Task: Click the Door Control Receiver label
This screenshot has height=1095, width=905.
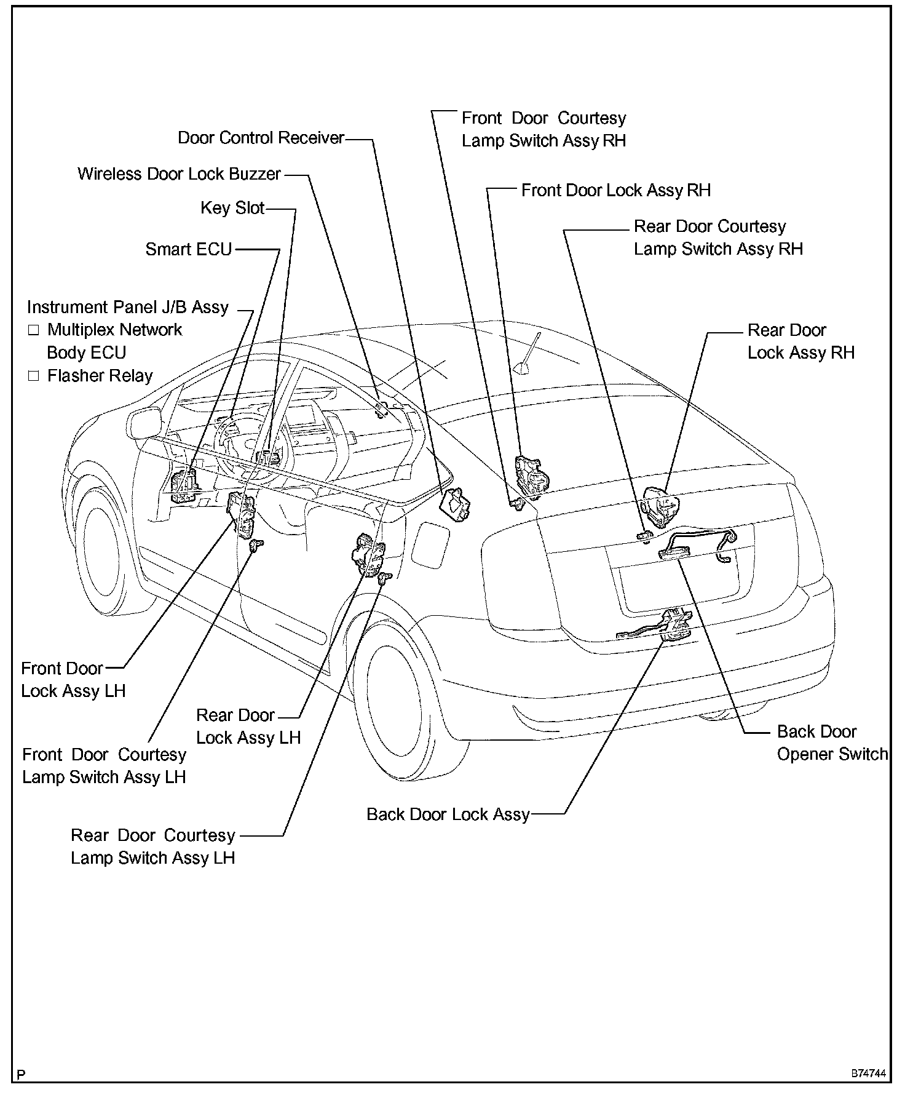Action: [x=261, y=138]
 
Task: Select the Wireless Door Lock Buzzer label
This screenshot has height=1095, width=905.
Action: [x=179, y=174]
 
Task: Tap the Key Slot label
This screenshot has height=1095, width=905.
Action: [x=232, y=208]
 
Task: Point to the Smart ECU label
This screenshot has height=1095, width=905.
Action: [x=188, y=249]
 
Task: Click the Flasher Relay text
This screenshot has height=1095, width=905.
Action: [x=100, y=376]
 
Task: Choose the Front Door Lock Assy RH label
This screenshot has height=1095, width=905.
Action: [x=615, y=191]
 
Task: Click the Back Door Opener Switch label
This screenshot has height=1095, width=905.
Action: [x=832, y=743]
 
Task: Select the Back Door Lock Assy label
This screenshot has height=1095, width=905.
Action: [x=448, y=814]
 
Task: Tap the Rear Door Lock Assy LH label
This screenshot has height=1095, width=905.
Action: [x=248, y=727]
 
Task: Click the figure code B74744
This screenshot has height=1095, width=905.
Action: [x=868, y=1074]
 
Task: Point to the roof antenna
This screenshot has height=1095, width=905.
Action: [x=529, y=357]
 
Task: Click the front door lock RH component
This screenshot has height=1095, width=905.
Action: [x=531, y=474]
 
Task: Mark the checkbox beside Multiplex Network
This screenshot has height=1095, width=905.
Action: [x=33, y=330]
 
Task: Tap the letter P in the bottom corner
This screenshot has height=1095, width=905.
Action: [x=22, y=1075]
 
